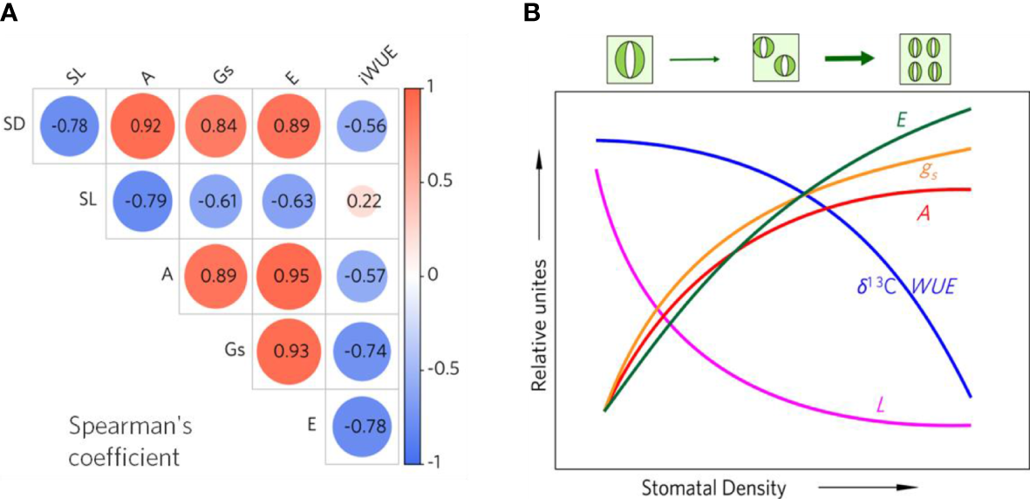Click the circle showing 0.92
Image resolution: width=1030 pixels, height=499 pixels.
pos(142,126)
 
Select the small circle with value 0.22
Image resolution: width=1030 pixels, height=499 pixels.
pos(361,200)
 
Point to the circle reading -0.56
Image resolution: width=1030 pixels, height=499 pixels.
pos(361,126)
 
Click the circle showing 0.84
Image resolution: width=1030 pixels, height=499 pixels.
pos(215,126)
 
